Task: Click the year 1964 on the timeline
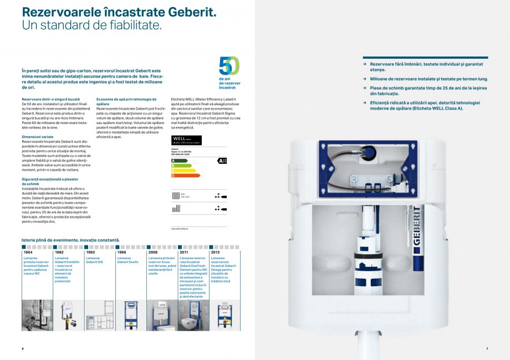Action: tap(28, 252)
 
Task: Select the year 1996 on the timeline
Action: tap(121, 252)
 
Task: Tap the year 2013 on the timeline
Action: tap(215, 252)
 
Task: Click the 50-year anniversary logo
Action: tap(229, 66)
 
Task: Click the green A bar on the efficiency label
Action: tap(180, 161)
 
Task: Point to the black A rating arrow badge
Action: tap(222, 161)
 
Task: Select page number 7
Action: tap(487, 348)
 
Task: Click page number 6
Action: tap(23, 348)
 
